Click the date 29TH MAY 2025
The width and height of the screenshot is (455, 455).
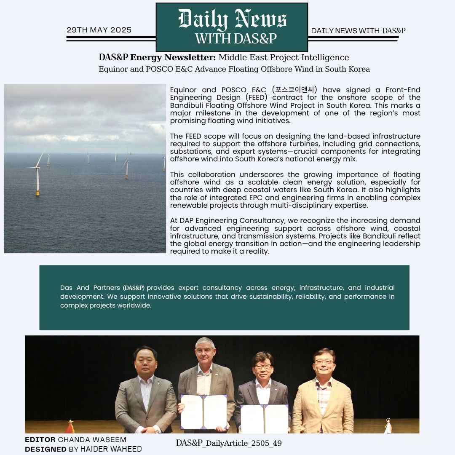click(99, 30)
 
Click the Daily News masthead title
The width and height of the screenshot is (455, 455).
click(232, 19)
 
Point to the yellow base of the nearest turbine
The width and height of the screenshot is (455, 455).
click(38, 193)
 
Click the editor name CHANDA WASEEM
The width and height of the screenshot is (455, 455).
click(92, 440)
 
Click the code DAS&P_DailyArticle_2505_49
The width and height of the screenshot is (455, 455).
click(229, 443)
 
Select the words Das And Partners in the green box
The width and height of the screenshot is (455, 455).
click(90, 288)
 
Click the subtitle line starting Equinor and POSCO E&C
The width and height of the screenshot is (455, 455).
click(234, 69)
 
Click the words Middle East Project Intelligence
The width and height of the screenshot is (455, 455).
click(284, 57)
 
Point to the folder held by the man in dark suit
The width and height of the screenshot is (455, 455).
click(265, 418)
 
